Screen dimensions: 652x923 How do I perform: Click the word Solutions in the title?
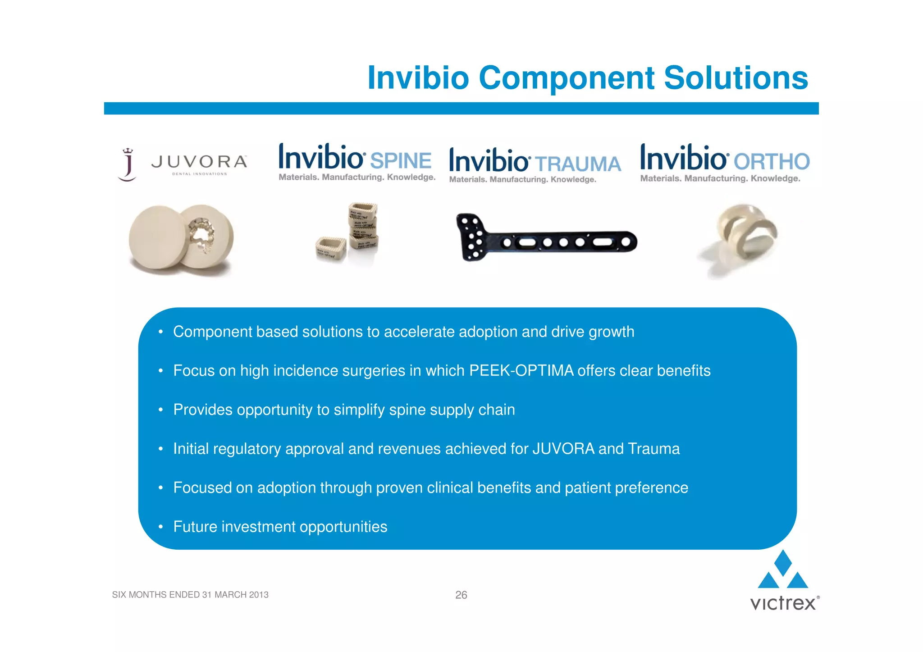click(x=736, y=78)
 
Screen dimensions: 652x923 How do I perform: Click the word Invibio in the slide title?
click(x=418, y=78)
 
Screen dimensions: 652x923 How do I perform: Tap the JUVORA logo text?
click(x=199, y=162)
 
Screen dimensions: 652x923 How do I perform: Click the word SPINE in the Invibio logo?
click(x=400, y=161)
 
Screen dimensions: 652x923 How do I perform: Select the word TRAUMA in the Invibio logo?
click(x=577, y=164)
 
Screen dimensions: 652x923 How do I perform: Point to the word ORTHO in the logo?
click(x=771, y=162)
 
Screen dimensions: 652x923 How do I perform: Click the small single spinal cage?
click(x=330, y=249)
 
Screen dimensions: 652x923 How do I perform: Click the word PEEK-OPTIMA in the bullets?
click(x=521, y=370)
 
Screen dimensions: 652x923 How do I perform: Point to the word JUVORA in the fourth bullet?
click(x=563, y=449)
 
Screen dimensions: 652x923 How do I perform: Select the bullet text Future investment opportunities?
click(x=280, y=527)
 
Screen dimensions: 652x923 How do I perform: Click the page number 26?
click(x=461, y=595)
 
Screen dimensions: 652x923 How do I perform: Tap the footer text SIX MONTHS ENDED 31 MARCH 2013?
click(x=190, y=595)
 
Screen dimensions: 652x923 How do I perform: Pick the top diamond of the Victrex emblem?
click(x=783, y=562)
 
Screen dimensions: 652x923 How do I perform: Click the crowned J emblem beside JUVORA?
click(x=128, y=165)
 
